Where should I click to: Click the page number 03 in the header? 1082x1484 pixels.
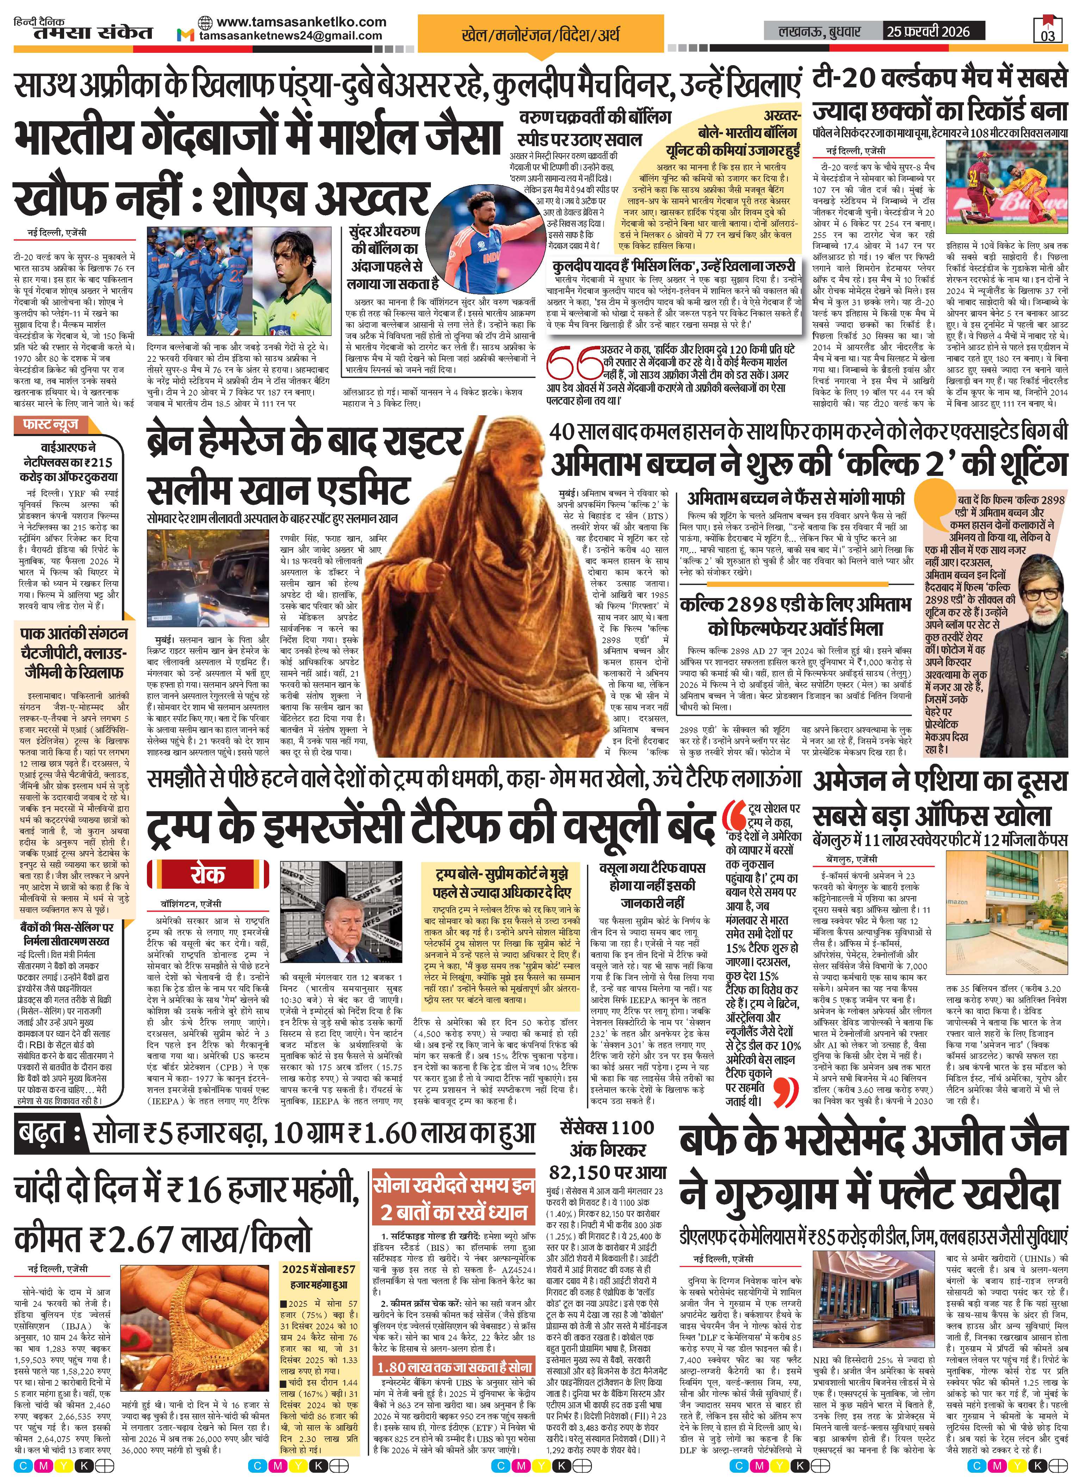tap(1048, 34)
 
